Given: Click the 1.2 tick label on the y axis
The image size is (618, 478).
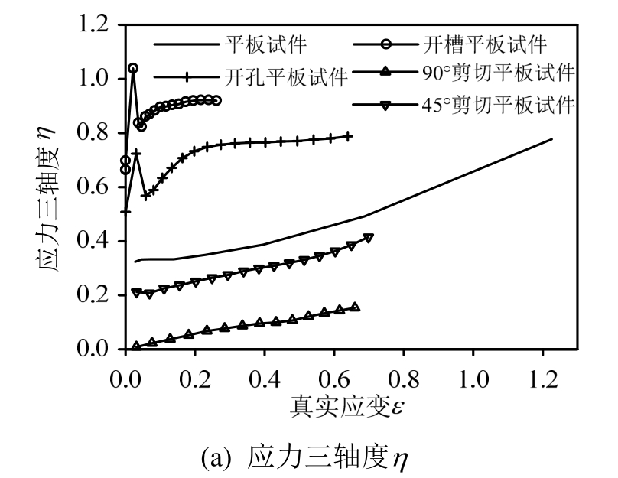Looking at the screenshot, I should click(x=99, y=25).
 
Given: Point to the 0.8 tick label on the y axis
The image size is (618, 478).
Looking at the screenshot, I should click(x=99, y=134).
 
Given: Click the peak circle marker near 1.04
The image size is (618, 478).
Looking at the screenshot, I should click(x=133, y=68).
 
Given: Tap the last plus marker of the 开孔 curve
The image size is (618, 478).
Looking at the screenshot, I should click(x=349, y=136).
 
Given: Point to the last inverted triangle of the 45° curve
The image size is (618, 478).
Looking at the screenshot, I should click(x=368, y=239).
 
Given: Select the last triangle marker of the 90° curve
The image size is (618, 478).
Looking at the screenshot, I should click(x=354, y=307).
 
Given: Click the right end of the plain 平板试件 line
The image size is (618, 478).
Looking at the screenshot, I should click(x=551, y=139).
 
